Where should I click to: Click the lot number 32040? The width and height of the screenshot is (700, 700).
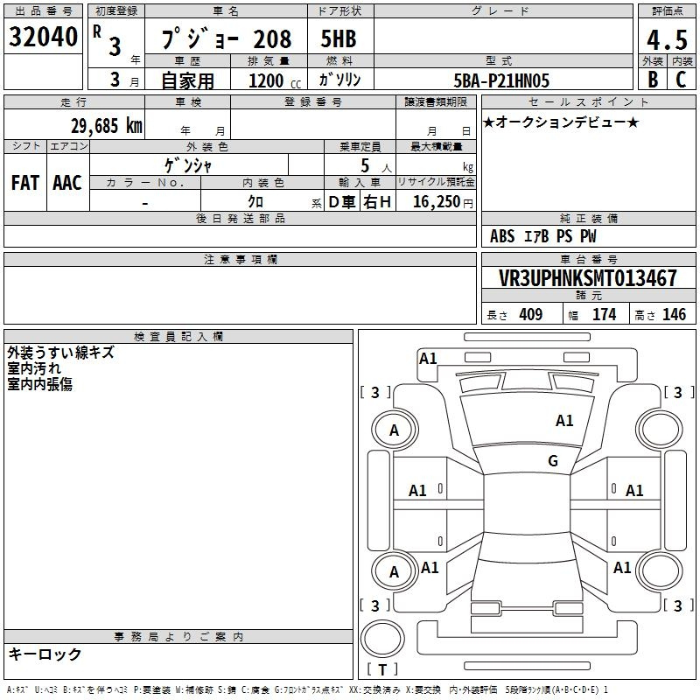pyautogui.click(x=43, y=37)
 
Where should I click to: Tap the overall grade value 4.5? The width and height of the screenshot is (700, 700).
pyautogui.click(x=667, y=40)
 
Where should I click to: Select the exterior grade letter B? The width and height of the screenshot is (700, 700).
pyautogui.click(x=653, y=80)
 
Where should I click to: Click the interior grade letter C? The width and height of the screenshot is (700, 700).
pyautogui.click(x=681, y=80)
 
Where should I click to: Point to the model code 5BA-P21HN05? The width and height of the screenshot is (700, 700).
pyautogui.click(x=501, y=80)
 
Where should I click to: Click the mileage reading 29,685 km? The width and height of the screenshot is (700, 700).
pyautogui.click(x=107, y=126)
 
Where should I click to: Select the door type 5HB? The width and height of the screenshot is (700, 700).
pyautogui.click(x=339, y=38)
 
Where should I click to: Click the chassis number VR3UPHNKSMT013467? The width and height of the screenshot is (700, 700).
pyautogui.click(x=587, y=278)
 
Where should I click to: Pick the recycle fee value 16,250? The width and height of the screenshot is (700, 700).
pyautogui.click(x=437, y=202)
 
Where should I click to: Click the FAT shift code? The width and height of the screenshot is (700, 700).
pyautogui.click(x=25, y=183)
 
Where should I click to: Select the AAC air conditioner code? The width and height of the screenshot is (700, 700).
pyautogui.click(x=67, y=183)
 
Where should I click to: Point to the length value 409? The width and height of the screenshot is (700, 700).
pyautogui.click(x=531, y=314)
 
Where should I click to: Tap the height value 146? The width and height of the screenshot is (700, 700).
pyautogui.click(x=674, y=314)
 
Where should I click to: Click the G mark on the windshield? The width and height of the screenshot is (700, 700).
pyautogui.click(x=553, y=460)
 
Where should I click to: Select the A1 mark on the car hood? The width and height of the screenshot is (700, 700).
pyautogui.click(x=564, y=421)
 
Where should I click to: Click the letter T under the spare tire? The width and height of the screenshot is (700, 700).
pyautogui.click(x=382, y=669)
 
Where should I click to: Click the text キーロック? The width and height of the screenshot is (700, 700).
pyautogui.click(x=45, y=654)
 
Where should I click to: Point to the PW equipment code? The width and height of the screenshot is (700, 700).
pyautogui.click(x=588, y=236)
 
